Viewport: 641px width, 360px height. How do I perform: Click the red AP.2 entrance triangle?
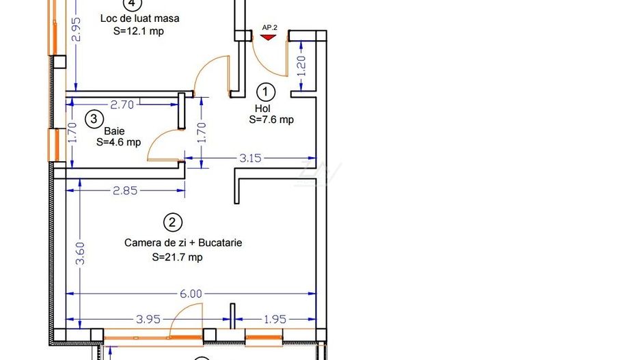(268, 37)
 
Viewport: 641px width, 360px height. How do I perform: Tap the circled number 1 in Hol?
(266, 92)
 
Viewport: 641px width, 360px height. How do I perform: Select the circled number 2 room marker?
(172, 223)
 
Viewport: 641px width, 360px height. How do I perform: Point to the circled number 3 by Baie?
(94, 120)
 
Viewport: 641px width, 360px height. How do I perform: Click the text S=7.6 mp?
(271, 120)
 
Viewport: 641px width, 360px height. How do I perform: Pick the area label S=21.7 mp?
(178, 257)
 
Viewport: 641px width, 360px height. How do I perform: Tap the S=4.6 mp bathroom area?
(118, 142)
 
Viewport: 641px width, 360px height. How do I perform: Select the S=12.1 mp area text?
(139, 31)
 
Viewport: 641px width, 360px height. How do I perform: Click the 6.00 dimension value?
(191, 293)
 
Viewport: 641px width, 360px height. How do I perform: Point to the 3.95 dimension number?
(148, 319)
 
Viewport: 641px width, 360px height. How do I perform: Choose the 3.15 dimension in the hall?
(250, 158)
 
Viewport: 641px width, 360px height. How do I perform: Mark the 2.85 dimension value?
(125, 191)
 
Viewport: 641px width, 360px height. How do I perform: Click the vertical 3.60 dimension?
(81, 253)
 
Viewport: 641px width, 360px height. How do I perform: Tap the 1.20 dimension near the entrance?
(301, 66)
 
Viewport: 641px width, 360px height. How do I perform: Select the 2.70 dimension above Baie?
(122, 105)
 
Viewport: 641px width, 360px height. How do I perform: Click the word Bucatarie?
(220, 243)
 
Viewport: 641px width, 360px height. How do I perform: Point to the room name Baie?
(115, 131)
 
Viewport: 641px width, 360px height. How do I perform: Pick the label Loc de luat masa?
(140, 18)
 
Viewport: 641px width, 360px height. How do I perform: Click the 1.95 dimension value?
(275, 319)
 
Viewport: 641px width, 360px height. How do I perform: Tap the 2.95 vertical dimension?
(76, 29)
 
